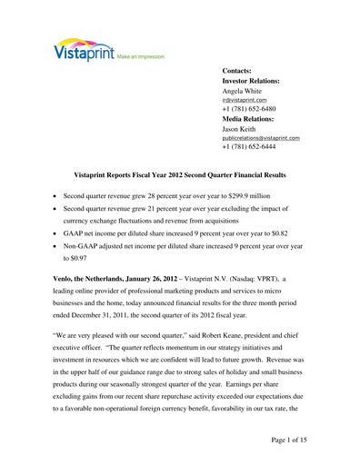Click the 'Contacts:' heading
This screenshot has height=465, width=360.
point(243,70)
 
